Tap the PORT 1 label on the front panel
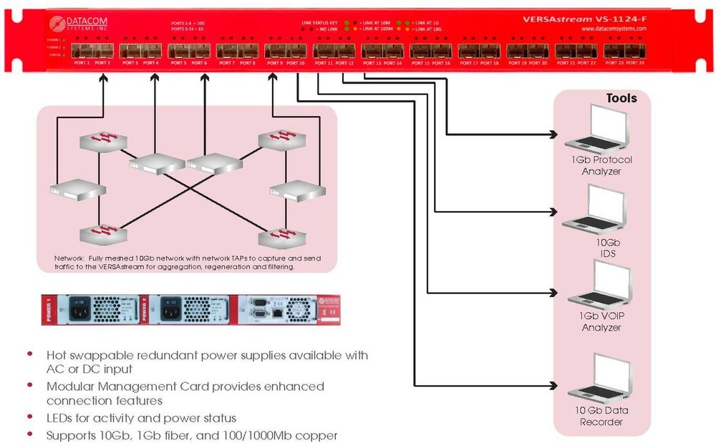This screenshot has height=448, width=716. tap(80, 63)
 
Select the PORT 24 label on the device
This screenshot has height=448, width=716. tap(636, 63)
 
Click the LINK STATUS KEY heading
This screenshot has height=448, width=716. tap(319, 23)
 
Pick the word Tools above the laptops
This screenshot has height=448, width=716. tap(621, 98)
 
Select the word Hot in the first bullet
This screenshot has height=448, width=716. tap(57, 355)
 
